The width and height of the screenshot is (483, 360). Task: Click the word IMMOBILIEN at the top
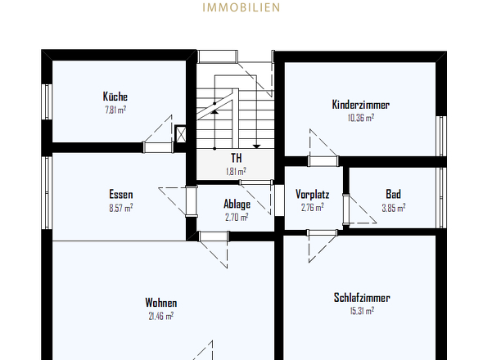click(x=241, y=7)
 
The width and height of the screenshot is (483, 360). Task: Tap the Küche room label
click(x=115, y=97)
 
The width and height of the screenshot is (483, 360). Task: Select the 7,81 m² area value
click(x=115, y=110)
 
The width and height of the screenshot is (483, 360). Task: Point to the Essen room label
click(x=121, y=195)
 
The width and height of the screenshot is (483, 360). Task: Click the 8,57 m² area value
click(x=121, y=208)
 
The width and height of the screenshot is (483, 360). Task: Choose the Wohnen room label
click(x=161, y=303)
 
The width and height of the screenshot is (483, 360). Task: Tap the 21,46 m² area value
click(x=161, y=316)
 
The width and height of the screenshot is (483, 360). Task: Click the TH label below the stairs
click(x=237, y=158)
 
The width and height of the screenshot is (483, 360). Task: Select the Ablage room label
click(x=237, y=204)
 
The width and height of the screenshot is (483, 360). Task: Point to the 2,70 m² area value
click(x=237, y=217)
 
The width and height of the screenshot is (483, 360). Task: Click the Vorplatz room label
click(x=313, y=194)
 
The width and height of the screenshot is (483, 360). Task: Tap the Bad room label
click(x=394, y=194)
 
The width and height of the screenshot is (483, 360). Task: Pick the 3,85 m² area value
click(x=394, y=208)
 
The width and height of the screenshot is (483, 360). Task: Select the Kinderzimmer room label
click(x=361, y=105)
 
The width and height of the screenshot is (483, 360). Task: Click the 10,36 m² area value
click(x=361, y=118)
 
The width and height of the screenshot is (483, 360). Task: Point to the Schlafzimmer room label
click(x=362, y=298)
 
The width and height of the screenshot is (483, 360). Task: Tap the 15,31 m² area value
click(x=362, y=311)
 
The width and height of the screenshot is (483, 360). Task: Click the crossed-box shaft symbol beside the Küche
click(x=180, y=134)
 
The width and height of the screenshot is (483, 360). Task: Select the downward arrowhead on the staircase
click(x=256, y=146)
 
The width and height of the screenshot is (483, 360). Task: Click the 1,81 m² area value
click(x=237, y=171)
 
